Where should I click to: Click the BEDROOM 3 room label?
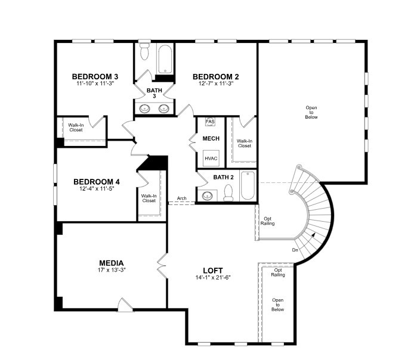[95, 76]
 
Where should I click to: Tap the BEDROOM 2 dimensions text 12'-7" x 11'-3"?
[216, 83]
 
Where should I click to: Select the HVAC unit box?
[211, 159]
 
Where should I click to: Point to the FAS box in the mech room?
[210, 122]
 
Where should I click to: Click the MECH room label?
[211, 138]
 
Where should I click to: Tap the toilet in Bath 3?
[145, 51]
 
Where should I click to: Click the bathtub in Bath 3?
[165, 59]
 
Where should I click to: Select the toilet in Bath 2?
[228, 193]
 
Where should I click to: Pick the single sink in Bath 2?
[208, 196]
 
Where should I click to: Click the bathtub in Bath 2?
[248, 186]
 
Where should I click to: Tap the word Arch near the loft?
[181, 198]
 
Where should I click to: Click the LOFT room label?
[213, 271]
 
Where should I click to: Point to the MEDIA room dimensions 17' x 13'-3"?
[112, 270]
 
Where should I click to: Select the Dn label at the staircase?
[295, 250]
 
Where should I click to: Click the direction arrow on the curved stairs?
[314, 235]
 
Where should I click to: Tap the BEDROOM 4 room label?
[97, 182]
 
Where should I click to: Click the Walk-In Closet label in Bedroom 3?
[76, 128]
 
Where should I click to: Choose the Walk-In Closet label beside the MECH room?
[245, 144]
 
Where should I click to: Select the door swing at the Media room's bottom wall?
[125, 305]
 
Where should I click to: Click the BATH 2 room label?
[223, 177]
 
